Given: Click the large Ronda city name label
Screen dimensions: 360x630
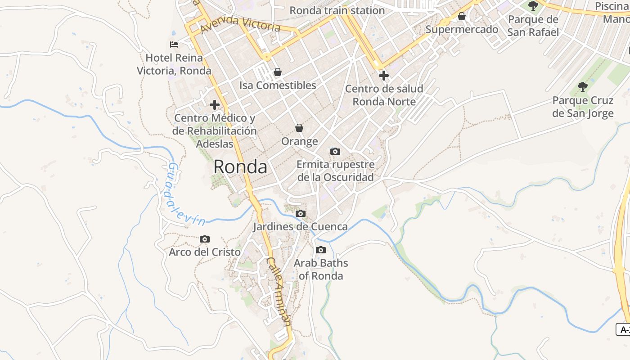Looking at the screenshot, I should coord(240,167).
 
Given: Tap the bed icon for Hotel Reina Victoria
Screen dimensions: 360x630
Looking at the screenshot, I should coord(174,44).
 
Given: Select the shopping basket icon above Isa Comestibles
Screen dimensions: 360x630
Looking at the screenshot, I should coord(278,72).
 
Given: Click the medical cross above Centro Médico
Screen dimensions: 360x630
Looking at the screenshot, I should coord(215,105).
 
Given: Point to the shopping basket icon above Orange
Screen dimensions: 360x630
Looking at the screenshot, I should coord(299,128).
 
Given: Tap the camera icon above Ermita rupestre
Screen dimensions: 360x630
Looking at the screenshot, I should coord(335,151).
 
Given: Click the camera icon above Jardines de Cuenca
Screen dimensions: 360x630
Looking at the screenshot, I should coord(301,213).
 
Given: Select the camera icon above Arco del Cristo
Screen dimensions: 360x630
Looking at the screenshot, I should coord(205,239).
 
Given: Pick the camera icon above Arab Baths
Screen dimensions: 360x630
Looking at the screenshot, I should coord(321,250).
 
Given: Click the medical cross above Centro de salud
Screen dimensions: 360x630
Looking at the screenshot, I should coord(384,75).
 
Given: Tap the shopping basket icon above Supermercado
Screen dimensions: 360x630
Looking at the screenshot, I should coord(462,17).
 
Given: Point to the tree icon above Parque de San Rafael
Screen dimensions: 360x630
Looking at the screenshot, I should coord(533,6).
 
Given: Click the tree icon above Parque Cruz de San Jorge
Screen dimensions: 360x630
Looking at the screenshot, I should coord(583,86).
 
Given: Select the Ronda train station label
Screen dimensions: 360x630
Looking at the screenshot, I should coord(337,10).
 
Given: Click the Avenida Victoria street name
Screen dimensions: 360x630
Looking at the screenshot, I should coord(240,24).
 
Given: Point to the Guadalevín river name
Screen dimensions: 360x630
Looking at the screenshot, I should coord(185,195).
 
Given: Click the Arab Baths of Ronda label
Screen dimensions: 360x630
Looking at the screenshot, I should coord(321,269).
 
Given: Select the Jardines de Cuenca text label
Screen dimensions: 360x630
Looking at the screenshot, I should coord(300,226).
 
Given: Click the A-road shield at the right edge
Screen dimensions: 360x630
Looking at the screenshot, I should coord(623,329).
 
